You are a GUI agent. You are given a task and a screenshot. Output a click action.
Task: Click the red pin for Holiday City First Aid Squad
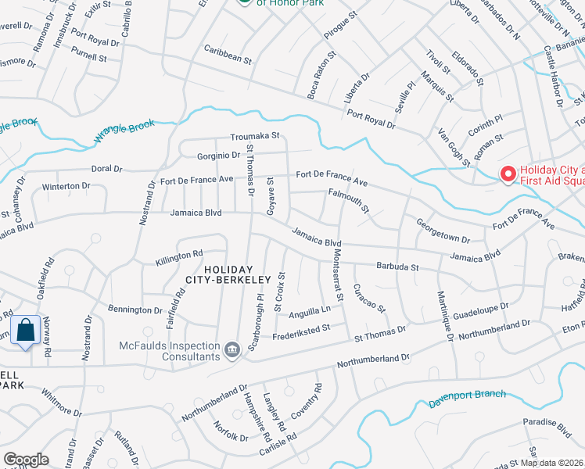point(508,174)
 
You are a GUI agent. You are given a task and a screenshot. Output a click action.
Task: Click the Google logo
point(26,460)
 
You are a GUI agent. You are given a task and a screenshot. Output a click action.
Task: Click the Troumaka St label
point(255,136)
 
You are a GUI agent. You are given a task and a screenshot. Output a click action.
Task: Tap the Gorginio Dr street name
point(206,155)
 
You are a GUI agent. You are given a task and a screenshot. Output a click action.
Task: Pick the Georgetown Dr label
point(443,231)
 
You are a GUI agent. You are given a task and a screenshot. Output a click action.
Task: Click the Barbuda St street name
point(397,267)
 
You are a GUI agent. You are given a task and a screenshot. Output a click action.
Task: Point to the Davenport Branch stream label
point(468,399)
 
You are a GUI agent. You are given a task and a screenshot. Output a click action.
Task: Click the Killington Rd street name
point(179,255)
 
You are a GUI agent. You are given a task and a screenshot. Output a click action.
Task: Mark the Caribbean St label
point(228,59)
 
